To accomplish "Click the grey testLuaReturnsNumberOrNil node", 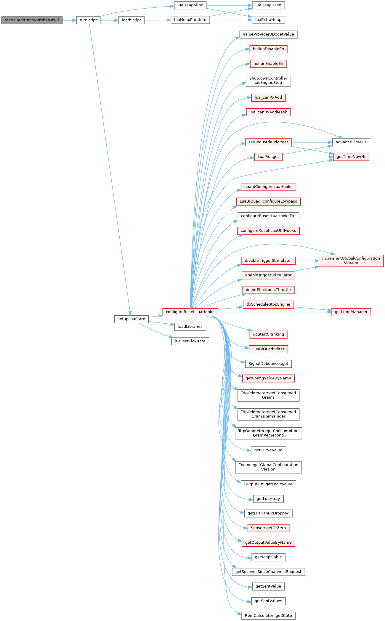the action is coord(32,20).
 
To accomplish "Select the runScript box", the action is coord(88,20).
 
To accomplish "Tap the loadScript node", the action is coord(131,20).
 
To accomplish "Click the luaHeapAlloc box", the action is coord(190,5).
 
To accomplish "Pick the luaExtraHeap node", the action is coord(268,20).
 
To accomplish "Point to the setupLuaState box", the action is coord(131,319).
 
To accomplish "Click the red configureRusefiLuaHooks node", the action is coord(190,312).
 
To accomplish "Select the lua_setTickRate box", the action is coord(190,341).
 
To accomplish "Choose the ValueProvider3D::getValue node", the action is coord(268,34).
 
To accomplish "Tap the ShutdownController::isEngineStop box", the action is coord(268,81).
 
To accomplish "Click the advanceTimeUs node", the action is coord(351,142).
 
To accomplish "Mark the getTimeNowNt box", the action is coord(351,157).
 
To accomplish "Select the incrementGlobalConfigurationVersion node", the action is coord(351,261).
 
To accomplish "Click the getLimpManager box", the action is coord(351,312).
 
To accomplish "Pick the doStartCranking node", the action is coord(268,334).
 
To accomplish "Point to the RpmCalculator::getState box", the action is coord(268,615).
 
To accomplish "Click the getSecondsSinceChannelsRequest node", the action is coord(268,572).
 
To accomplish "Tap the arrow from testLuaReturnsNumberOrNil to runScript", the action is coord(69,20).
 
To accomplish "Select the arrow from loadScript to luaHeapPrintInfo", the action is coord(158,20).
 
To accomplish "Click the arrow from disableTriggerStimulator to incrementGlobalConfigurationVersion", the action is coord(307,261).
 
